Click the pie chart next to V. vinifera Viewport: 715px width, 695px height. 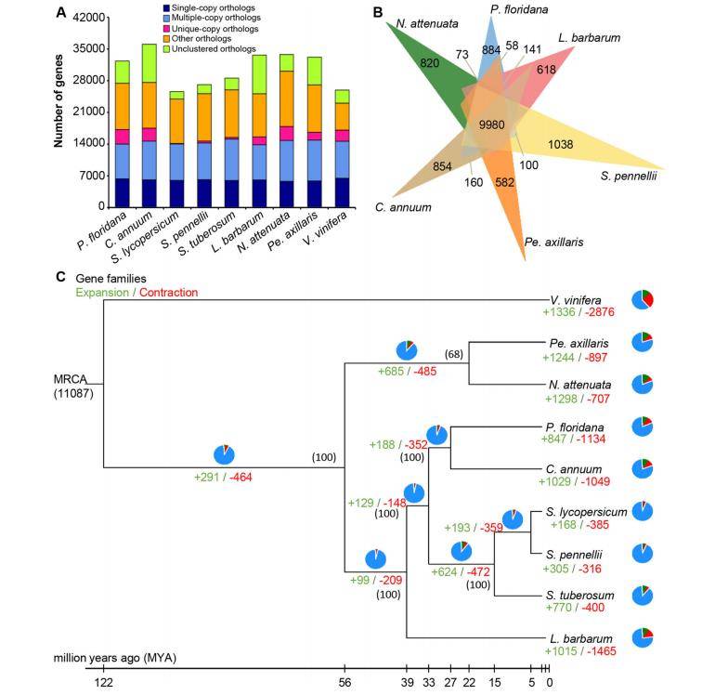coord(643,300)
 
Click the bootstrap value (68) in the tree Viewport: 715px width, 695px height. coord(454,353)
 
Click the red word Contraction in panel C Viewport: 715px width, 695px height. coord(168,292)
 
